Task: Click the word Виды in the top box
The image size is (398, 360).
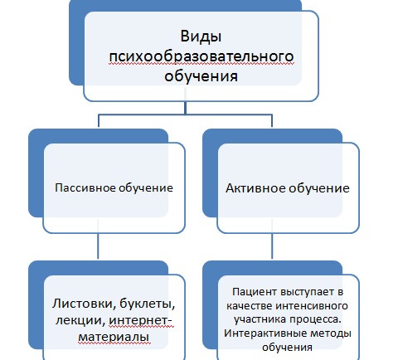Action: pos(201,36)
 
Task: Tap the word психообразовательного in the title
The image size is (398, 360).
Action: pos(201,56)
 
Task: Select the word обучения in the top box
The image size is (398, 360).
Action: pos(201,75)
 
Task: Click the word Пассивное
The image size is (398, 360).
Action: pos(85,187)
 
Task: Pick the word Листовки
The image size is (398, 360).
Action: pos(84,304)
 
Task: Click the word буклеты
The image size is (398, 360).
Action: pos(148,304)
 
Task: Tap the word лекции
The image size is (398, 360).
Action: pos(80,321)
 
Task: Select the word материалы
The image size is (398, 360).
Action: pos(114,337)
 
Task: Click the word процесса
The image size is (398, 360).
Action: pos(315,319)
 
